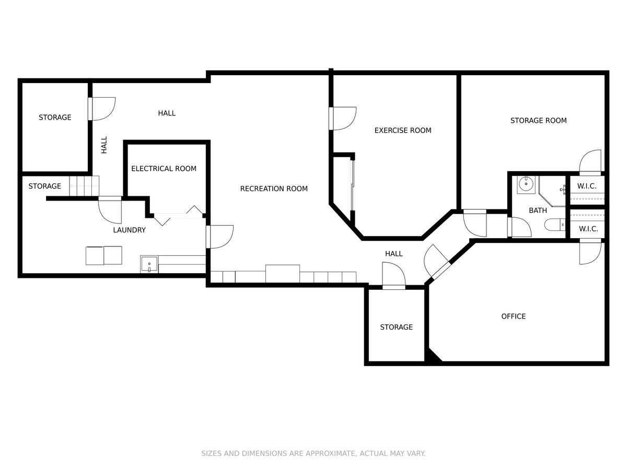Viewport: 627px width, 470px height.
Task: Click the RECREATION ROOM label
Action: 274,189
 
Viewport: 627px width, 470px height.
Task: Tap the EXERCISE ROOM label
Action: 403,131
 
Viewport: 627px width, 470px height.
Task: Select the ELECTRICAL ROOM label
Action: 164,169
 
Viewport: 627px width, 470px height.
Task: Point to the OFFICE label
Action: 513,316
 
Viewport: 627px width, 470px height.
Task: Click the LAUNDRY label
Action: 130,230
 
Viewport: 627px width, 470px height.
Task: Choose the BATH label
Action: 538,210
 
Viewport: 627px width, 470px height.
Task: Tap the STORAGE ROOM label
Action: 539,121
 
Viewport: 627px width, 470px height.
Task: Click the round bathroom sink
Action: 526,185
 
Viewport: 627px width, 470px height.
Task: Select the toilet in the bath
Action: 555,225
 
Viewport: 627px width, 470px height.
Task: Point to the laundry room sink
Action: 149,264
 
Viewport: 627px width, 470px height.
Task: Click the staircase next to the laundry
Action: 84,186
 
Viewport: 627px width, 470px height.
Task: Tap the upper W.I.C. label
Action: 587,186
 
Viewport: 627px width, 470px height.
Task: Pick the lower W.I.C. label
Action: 588,229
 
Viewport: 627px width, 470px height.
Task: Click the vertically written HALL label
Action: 104,145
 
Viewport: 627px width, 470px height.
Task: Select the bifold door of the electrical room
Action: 178,216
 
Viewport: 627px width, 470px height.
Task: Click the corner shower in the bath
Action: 552,191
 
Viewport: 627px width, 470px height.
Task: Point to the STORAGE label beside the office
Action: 396,327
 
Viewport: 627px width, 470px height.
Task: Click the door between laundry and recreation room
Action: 219,237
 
